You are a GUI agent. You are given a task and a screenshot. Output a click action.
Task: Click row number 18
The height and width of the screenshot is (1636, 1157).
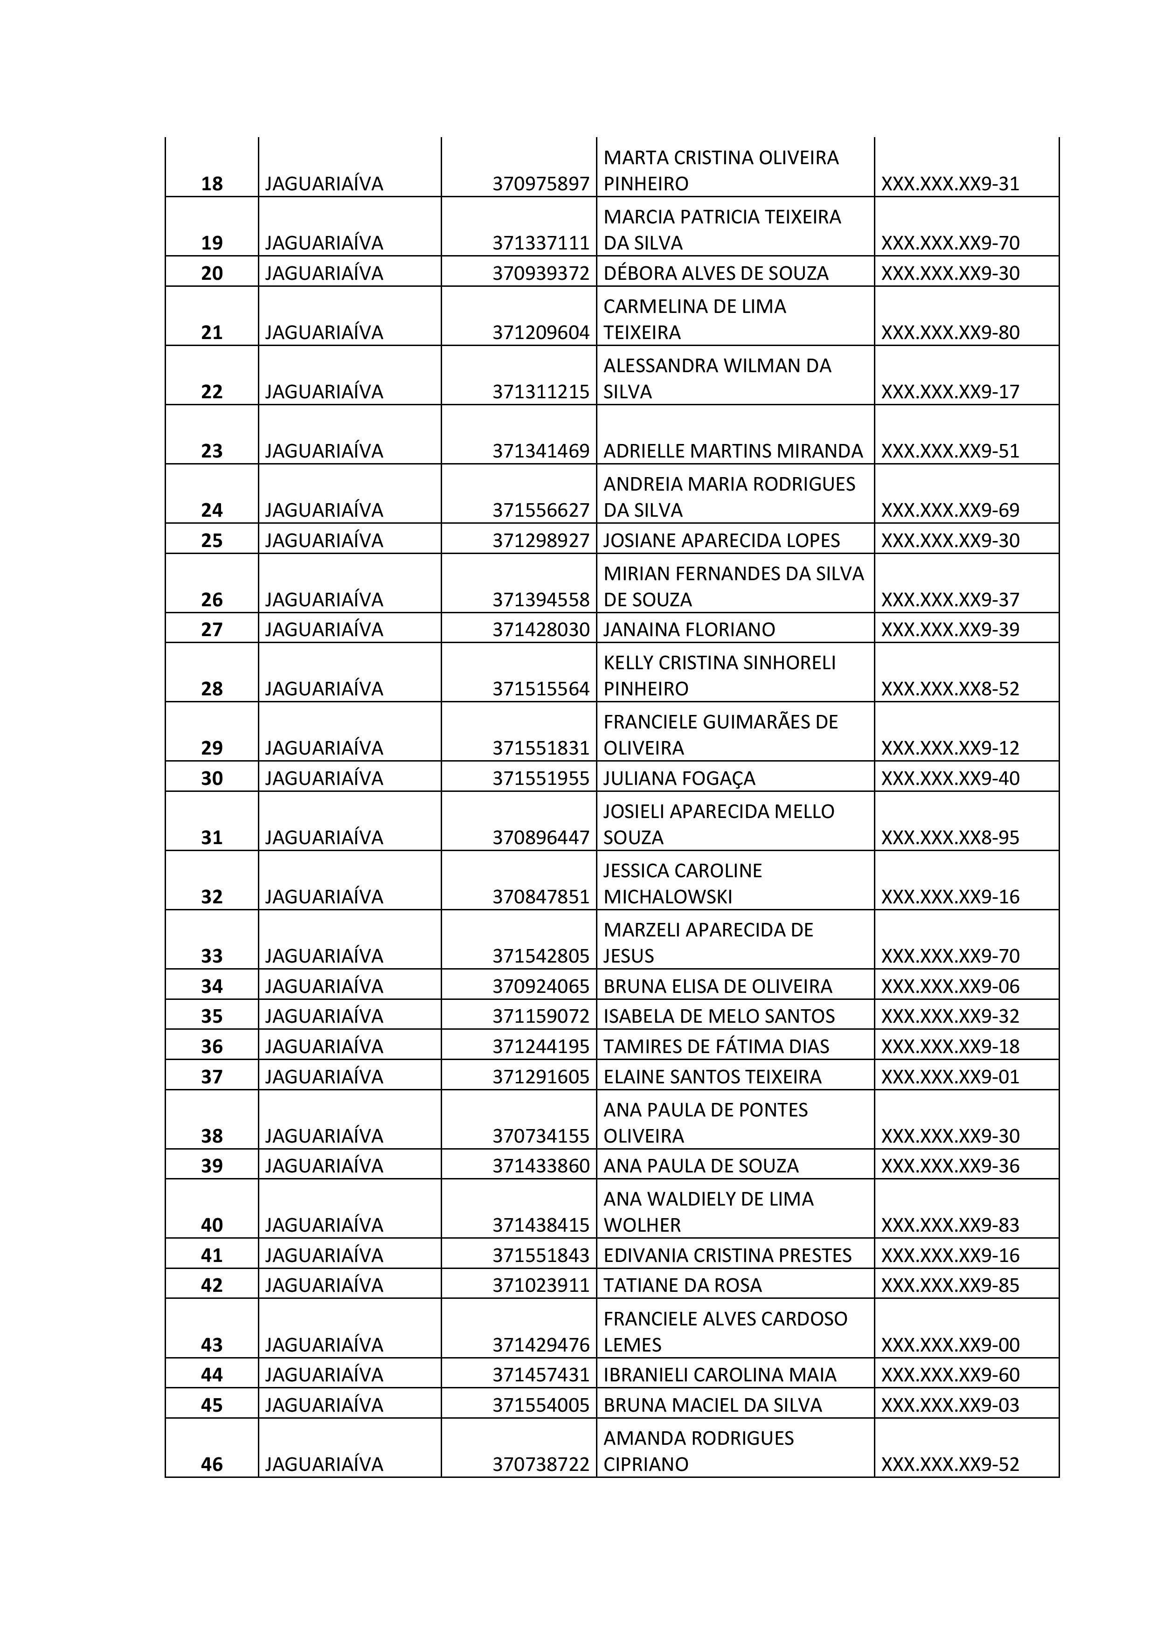point(212,184)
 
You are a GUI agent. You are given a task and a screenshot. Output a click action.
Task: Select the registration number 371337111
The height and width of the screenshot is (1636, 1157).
point(541,243)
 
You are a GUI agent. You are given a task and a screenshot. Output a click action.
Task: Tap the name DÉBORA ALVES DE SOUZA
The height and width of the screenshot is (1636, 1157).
point(715,274)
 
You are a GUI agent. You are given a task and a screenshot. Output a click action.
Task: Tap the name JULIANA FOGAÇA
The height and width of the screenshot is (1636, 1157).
point(679,778)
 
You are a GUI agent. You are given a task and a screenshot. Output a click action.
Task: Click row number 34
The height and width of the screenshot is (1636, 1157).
point(212,986)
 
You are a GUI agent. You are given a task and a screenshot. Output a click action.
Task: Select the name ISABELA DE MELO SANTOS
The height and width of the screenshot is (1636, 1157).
point(719,1016)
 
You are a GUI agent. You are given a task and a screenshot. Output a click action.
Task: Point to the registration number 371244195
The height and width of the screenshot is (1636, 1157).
point(541,1046)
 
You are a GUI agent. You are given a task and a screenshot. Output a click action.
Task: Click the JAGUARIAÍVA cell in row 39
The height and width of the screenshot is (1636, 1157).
point(324,1166)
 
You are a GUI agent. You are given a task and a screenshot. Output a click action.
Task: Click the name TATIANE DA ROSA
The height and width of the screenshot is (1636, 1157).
point(683,1285)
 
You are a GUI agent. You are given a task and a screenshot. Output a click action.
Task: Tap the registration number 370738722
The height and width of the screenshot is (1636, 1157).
point(541,1464)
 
